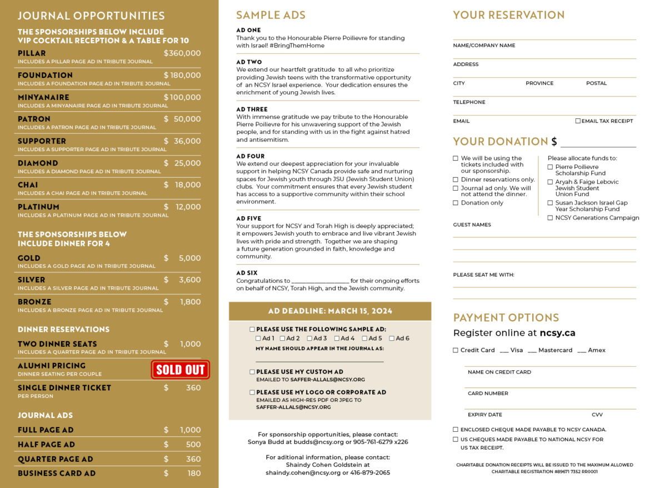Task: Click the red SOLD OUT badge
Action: coord(180,370)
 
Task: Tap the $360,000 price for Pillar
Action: coord(182,53)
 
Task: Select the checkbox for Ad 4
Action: coord(337,338)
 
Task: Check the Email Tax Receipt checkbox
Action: coord(578,121)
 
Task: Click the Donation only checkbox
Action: coord(456,203)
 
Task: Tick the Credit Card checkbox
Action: coord(456,350)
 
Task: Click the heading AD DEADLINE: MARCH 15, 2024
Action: coord(330,311)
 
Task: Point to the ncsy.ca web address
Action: coord(557,333)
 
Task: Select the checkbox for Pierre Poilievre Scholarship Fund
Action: coord(550,167)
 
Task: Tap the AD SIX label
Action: coord(247,273)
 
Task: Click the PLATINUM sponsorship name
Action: coord(38,207)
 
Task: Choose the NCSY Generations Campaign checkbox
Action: coord(550,218)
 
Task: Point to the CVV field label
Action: coord(597,415)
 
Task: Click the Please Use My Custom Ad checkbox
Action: coord(252,372)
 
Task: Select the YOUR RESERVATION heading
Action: coord(508,15)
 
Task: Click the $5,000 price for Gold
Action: coord(189,258)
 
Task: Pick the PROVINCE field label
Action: coord(539,83)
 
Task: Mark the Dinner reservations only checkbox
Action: coord(456,180)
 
